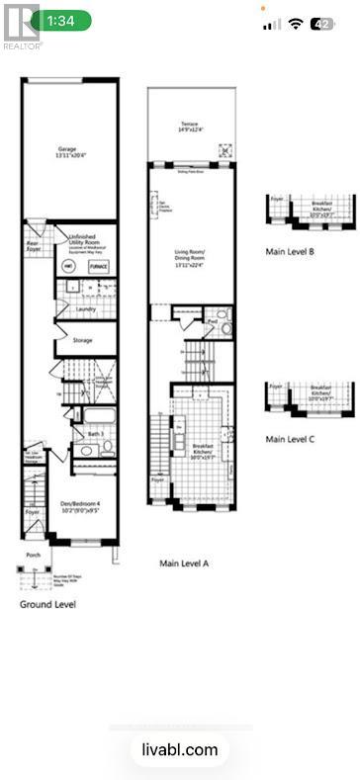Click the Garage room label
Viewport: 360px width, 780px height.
coord(66,152)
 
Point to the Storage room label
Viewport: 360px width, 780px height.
coord(83,340)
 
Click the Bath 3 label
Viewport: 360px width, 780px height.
coord(95,433)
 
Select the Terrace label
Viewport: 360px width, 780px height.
coord(190,126)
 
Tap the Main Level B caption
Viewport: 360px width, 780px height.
coord(290,252)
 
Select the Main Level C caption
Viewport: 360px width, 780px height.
coord(290,437)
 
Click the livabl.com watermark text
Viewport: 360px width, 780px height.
coord(180,750)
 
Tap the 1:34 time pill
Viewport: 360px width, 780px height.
coord(61,20)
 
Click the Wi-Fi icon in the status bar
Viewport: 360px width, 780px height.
coord(296,23)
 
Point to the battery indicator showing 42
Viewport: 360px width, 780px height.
coord(322,23)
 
